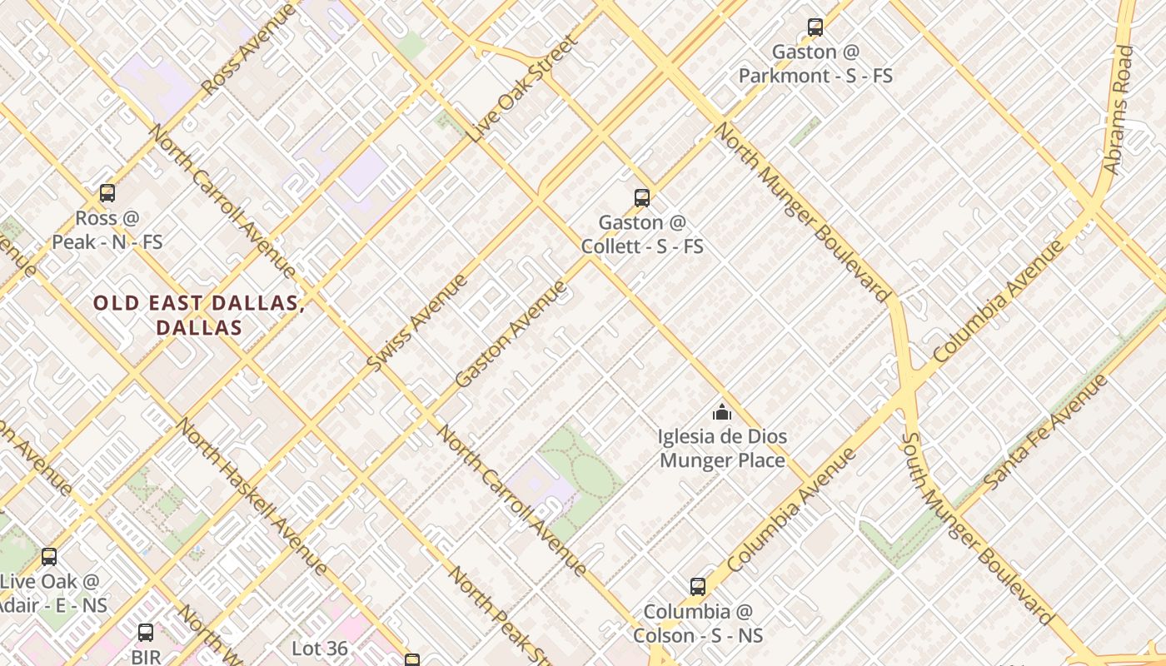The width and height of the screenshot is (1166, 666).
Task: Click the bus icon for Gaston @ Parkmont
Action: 815,27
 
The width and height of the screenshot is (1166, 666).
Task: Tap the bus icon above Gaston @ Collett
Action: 641,198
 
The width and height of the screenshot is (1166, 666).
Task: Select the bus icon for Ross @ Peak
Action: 107,193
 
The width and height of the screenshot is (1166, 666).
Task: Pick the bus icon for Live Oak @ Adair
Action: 49,557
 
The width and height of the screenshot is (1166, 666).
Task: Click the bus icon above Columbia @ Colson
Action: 698,587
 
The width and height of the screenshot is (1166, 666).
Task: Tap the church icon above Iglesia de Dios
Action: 721,412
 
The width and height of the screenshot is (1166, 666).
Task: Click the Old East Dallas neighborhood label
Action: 199,315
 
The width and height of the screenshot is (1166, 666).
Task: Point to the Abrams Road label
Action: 1119,110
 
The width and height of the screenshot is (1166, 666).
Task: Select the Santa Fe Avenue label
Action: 1046,431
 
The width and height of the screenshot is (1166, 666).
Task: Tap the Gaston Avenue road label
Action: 511,334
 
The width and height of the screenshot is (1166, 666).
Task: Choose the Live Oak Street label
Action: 522,87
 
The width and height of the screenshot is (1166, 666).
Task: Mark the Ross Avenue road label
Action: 248,49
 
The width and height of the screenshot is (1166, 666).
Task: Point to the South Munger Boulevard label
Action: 978,529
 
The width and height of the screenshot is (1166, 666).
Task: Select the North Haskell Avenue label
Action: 251,496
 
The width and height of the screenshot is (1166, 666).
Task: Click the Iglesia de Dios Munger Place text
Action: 722,448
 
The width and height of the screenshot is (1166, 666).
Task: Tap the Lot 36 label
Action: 320,648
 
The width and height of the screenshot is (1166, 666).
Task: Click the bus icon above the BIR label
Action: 146,633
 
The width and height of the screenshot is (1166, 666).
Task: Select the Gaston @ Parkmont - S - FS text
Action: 815,64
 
